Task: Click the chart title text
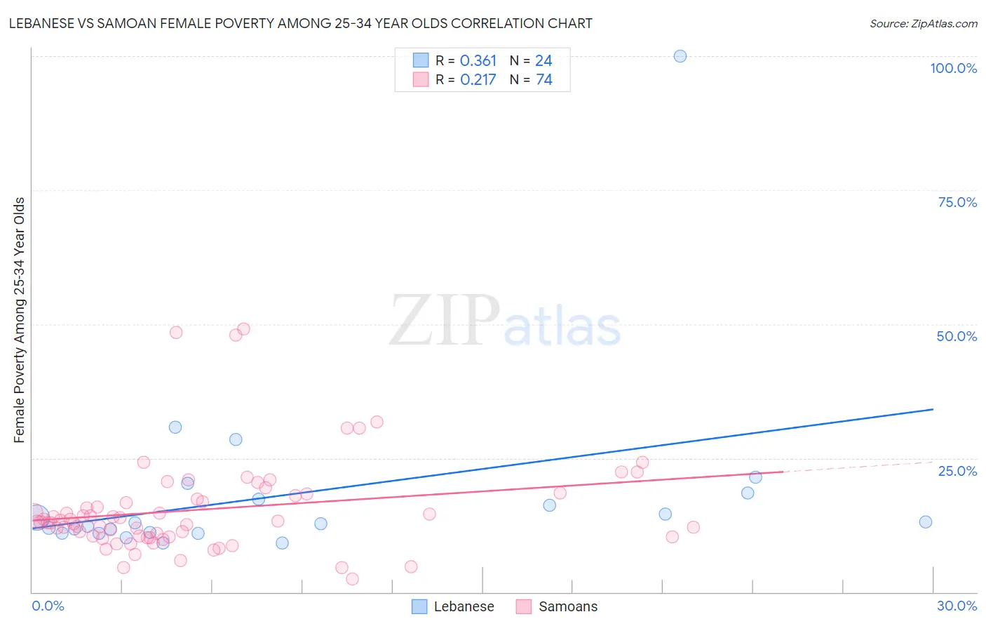tap(300, 23)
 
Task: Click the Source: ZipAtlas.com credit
tap(923, 23)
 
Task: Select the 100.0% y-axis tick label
tap(953, 68)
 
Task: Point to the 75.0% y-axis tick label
tap(957, 202)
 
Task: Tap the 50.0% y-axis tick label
tap(957, 336)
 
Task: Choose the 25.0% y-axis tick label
tap(957, 470)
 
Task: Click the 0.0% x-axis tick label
tap(48, 606)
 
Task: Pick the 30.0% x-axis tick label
tap(957, 606)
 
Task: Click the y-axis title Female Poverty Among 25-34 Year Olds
tap(19, 320)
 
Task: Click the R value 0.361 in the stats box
tap(478, 61)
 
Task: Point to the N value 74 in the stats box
tap(544, 80)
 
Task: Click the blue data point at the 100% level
tap(680, 56)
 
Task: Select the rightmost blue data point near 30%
tap(925, 521)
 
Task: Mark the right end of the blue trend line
tap(933, 409)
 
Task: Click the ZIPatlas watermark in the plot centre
tap(505, 321)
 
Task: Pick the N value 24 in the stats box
tap(543, 61)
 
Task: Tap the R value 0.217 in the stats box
tap(478, 80)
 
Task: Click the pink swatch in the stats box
tap(420, 79)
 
